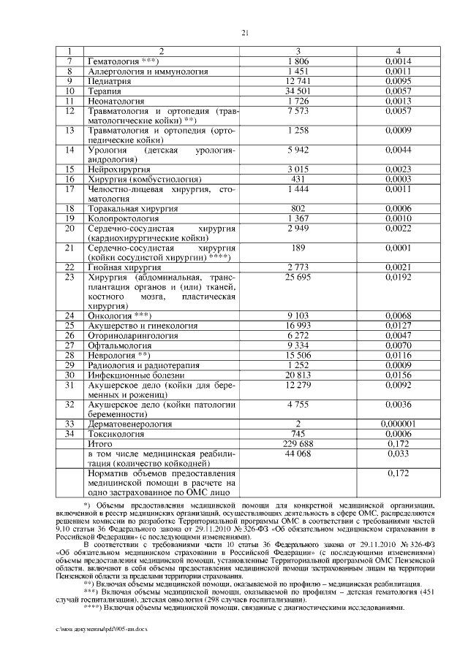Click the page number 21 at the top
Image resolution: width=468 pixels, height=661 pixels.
[x=245, y=31]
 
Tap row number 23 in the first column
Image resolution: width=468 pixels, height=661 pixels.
[x=70, y=278]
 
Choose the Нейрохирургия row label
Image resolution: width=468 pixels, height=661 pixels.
[x=120, y=169]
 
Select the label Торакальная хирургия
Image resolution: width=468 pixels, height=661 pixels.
[x=132, y=209]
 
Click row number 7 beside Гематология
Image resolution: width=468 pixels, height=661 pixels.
[x=70, y=62]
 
